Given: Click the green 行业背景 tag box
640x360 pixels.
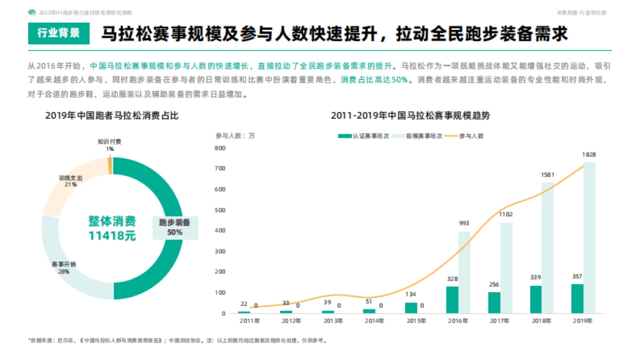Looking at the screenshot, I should [59, 34].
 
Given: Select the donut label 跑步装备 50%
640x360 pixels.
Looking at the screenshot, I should [175, 227].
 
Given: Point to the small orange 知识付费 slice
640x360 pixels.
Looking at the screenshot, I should [110, 166].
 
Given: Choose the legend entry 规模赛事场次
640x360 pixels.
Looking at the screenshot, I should [419, 135].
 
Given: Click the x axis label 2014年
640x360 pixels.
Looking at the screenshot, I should [375, 321].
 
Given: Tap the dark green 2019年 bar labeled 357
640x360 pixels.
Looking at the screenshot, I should [577, 298].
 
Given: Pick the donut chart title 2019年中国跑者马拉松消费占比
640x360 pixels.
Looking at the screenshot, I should [111, 115].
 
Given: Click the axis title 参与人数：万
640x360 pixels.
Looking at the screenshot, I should [235, 135].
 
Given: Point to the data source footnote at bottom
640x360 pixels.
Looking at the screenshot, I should [176, 340].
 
